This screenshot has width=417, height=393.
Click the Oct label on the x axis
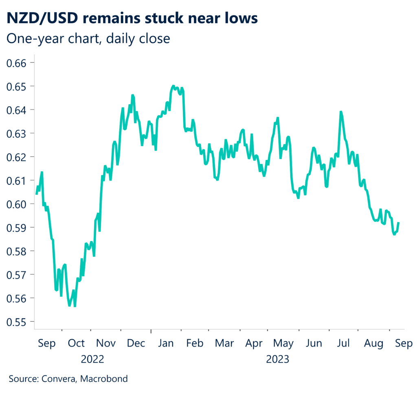coord(76,343)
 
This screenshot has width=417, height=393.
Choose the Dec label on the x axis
coord(136,343)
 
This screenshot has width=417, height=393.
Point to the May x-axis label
coord(283,343)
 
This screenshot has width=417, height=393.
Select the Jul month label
coord(344,343)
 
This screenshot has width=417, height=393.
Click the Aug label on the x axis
coord(374,343)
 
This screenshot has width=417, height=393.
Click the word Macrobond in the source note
coord(104,379)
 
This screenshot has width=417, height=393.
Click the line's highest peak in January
coord(173,86)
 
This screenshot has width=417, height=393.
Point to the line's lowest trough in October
coord(75,306)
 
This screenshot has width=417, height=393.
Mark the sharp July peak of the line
coord(341,111)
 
